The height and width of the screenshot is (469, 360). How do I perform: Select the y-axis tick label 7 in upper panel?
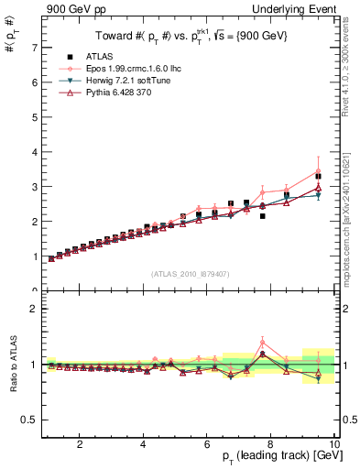(x=34, y=47)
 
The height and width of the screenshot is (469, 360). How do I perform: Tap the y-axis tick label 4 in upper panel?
(x=34, y=151)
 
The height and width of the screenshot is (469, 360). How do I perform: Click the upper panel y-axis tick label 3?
(x=34, y=186)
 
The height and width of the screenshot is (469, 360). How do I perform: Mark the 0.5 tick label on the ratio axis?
(x=29, y=420)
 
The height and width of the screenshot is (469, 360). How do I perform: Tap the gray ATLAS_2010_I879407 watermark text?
(x=191, y=275)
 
